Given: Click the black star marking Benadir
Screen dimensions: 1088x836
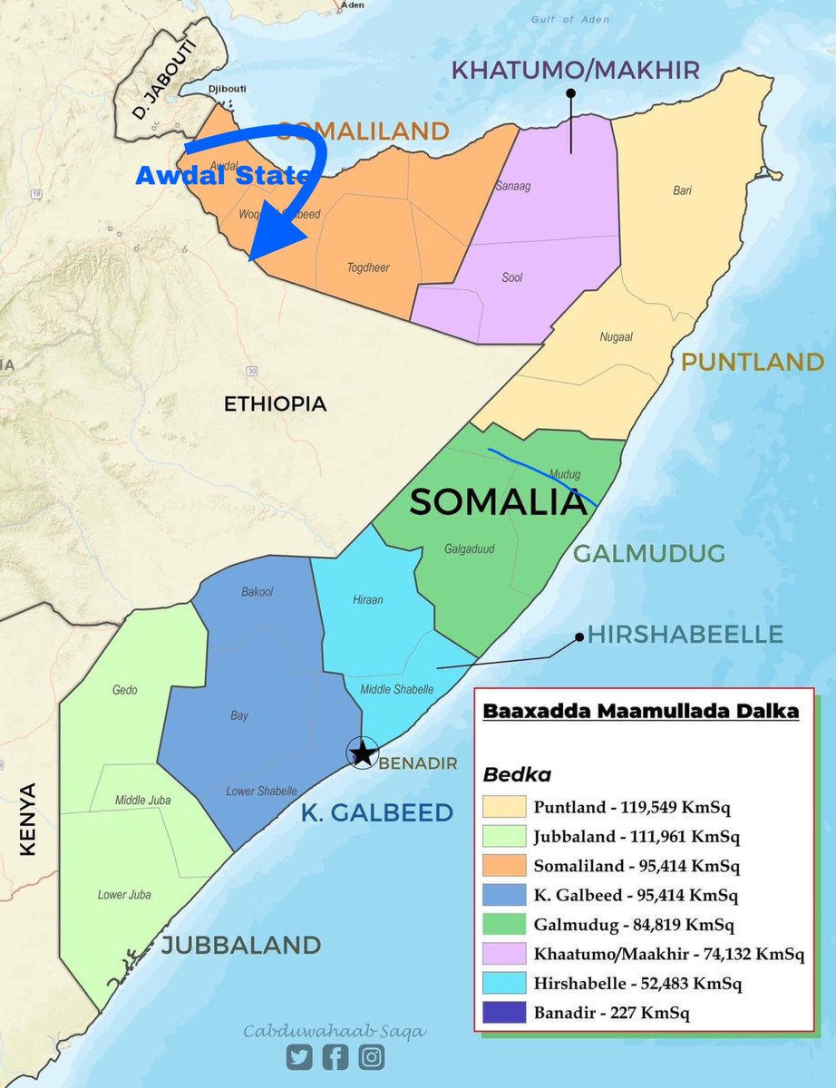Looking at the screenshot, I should (x=363, y=752).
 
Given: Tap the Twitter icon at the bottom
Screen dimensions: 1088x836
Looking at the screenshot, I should (x=300, y=1056).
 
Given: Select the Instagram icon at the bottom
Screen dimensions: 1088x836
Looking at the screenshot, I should (x=370, y=1056).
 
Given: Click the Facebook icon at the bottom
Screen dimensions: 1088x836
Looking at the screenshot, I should (x=335, y=1056).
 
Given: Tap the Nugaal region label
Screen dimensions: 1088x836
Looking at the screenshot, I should (x=616, y=336).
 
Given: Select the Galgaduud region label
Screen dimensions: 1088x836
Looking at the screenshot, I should (x=469, y=548).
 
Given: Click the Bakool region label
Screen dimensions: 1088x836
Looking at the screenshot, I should (x=257, y=592).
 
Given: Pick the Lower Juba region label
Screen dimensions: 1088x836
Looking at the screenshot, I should (x=124, y=895).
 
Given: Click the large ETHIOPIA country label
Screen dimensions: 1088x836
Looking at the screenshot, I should (x=275, y=404).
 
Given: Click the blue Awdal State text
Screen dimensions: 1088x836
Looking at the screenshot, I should (x=222, y=176).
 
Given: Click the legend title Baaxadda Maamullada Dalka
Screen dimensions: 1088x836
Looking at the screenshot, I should (x=641, y=712).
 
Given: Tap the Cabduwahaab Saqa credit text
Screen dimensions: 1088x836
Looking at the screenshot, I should (x=335, y=1031).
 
